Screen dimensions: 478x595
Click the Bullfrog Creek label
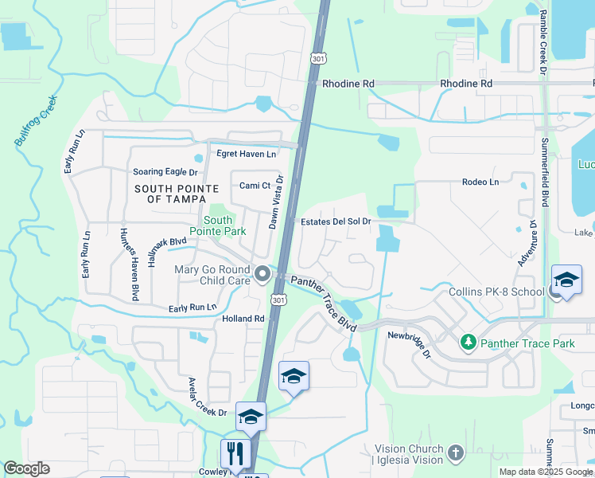(x=37, y=121)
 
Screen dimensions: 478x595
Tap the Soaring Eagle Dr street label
(x=165, y=171)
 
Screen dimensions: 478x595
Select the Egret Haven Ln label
(x=246, y=154)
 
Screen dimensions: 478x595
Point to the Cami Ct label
(x=256, y=186)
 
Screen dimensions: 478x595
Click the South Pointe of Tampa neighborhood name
(x=171, y=194)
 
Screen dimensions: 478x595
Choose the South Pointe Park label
(x=224, y=225)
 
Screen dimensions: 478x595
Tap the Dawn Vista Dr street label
(x=274, y=203)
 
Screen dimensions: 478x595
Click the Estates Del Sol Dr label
(x=334, y=221)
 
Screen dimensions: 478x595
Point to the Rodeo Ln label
(x=480, y=182)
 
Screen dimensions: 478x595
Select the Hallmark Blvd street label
(x=166, y=241)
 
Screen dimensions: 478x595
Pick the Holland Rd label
(x=243, y=319)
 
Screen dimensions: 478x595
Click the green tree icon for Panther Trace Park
(x=469, y=343)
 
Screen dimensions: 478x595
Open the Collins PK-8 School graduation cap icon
(x=566, y=280)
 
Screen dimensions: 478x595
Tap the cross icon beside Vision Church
(x=456, y=453)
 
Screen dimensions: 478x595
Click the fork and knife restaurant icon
(x=235, y=454)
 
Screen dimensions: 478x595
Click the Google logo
(x=26, y=468)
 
